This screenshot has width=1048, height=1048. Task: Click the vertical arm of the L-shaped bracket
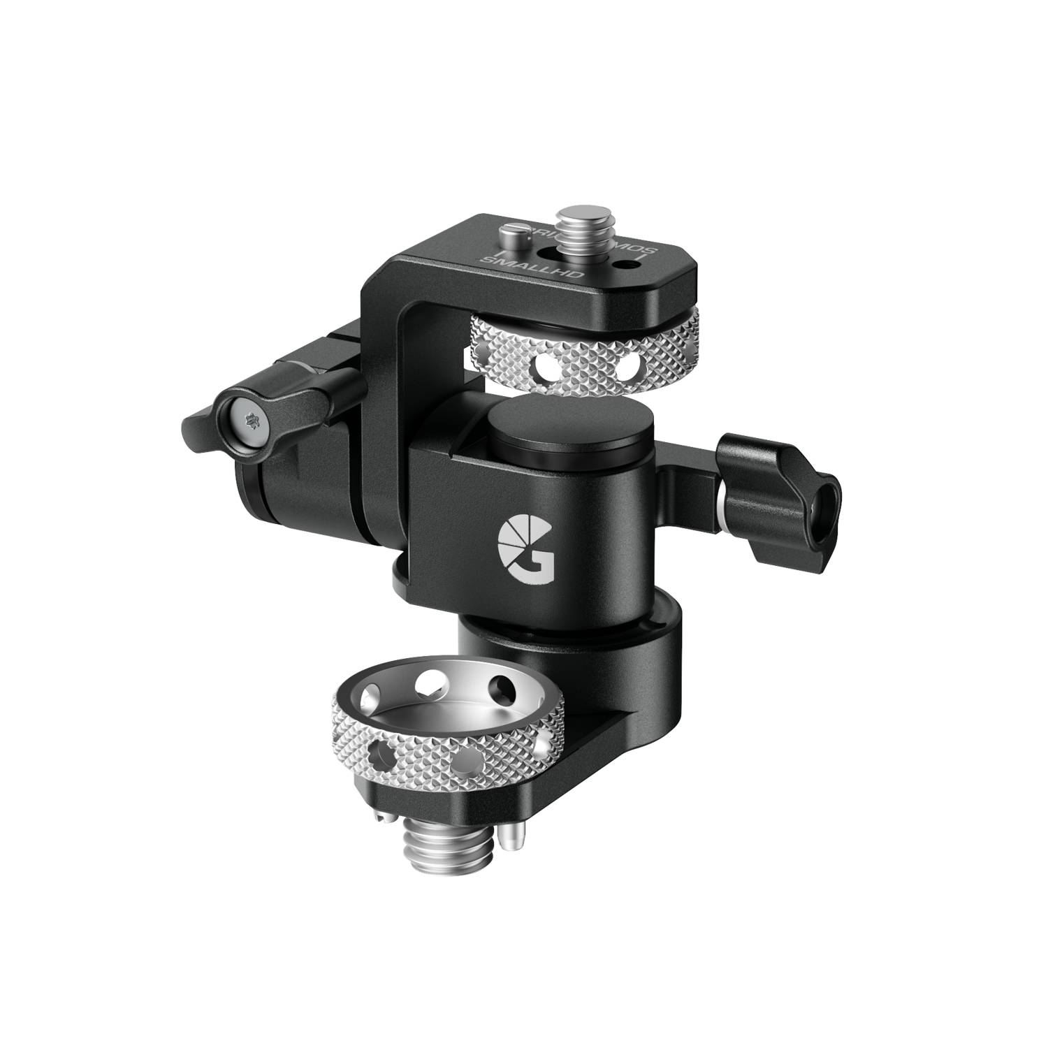coord(383,391)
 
